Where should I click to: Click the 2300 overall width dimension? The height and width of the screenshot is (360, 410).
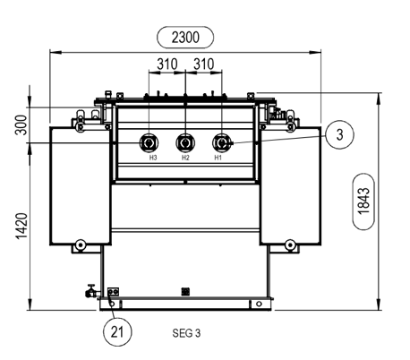(185, 37)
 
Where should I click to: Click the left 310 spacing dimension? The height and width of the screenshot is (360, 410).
(165, 64)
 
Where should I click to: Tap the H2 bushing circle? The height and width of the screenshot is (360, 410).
(185, 143)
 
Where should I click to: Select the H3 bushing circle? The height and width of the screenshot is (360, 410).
(149, 143)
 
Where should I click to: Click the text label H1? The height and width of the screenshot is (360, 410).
(218, 159)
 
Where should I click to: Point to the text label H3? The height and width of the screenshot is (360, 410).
(153, 159)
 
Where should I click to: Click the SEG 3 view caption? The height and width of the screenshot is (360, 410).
(185, 331)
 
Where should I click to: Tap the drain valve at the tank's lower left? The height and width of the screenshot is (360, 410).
(90, 291)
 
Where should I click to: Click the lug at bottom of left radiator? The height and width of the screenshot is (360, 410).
(81, 244)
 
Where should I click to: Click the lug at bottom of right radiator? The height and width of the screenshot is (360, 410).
(290, 244)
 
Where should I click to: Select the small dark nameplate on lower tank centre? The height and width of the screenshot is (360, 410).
(185, 290)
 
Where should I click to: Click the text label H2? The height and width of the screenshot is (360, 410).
(185, 159)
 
